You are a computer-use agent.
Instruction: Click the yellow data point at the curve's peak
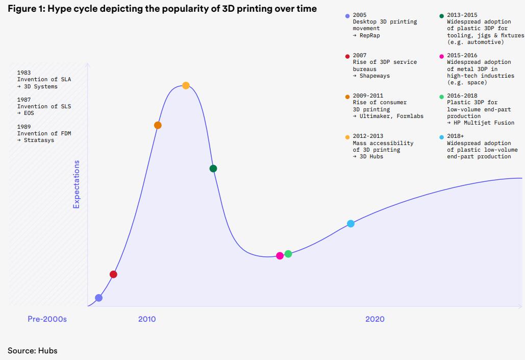[x=186, y=85]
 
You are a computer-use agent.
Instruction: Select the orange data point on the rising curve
[x=158, y=125]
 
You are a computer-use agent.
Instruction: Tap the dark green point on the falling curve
[x=213, y=169]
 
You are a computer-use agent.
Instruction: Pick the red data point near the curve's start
[x=113, y=274]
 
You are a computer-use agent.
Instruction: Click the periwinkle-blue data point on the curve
[x=98, y=298]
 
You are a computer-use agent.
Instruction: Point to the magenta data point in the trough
[x=280, y=256]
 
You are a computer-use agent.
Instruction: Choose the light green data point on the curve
[x=288, y=254]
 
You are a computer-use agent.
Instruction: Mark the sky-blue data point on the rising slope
[x=351, y=224]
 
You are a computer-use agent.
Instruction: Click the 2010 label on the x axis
[x=147, y=319]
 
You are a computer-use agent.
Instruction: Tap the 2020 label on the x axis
[x=375, y=319]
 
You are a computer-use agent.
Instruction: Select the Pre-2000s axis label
[x=47, y=319]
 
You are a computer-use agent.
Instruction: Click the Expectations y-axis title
[x=77, y=184]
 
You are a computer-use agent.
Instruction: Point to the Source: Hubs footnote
[x=32, y=350]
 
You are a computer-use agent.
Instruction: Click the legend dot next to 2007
[x=347, y=56]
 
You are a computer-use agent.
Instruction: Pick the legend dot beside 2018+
[x=442, y=137]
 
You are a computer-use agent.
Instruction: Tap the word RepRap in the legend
[x=369, y=35]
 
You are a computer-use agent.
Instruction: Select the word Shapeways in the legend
[x=374, y=76]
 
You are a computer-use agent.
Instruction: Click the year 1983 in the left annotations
[x=24, y=73]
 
